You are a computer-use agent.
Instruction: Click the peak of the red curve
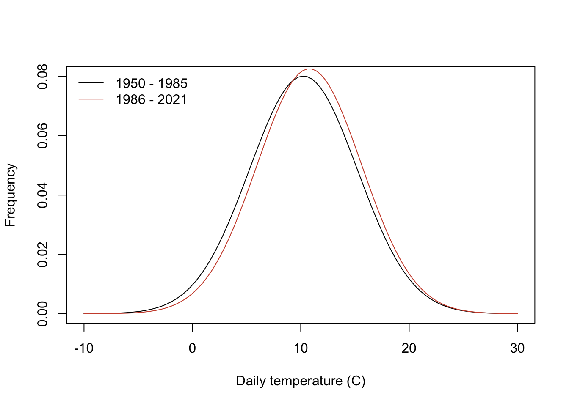tap(310, 69)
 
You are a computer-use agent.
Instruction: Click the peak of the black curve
tap(303, 76)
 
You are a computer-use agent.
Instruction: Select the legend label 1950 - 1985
tap(152, 83)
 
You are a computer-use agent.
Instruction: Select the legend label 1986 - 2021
tap(151, 100)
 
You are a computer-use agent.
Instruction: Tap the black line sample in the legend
tap(91, 83)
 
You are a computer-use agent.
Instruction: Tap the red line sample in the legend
tap(91, 99)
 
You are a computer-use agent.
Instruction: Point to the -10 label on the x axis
tap(84, 348)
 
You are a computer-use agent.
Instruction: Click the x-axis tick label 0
tap(192, 348)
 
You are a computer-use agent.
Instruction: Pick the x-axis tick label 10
tap(301, 348)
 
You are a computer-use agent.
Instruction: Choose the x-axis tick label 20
tap(409, 348)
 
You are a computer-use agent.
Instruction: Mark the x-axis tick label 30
tap(517, 348)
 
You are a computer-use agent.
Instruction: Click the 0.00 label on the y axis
tap(43, 314)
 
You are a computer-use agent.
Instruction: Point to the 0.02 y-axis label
tap(43, 255)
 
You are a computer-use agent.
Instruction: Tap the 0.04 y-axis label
tap(43, 195)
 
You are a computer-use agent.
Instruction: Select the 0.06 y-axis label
tap(43, 136)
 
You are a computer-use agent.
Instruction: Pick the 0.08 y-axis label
tap(43, 77)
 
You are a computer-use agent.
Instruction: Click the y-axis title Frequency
tap(10, 195)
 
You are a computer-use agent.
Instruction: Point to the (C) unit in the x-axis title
tap(356, 381)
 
